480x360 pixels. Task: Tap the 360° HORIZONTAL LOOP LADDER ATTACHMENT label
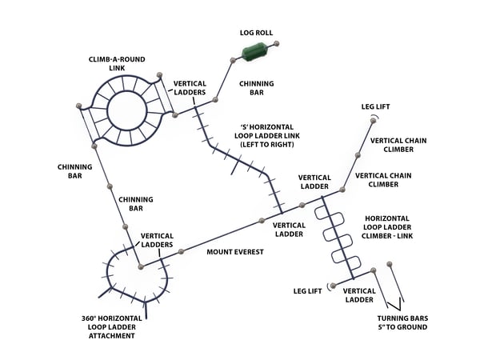(x=112, y=327)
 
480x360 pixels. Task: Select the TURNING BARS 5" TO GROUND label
(x=402, y=322)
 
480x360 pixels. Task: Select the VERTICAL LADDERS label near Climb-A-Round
(x=190, y=87)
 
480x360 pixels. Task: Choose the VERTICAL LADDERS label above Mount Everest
(x=157, y=241)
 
